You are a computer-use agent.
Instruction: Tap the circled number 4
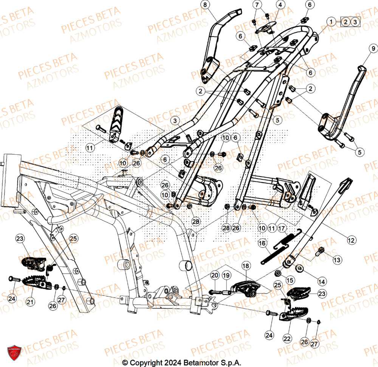tap(280, 5)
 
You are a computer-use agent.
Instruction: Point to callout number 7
tap(257, 5)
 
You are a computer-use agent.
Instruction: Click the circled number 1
tap(331, 22)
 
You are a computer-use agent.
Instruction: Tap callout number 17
tap(282, 228)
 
